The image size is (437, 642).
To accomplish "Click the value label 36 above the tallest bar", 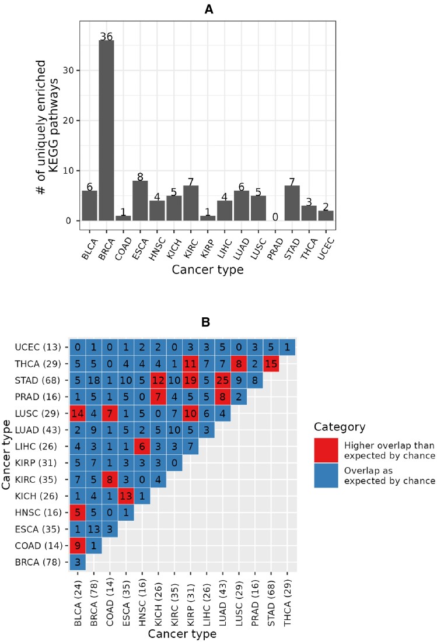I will (106, 36).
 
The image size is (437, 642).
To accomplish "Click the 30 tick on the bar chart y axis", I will (68, 70).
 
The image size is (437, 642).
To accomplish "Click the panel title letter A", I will (208, 9).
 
